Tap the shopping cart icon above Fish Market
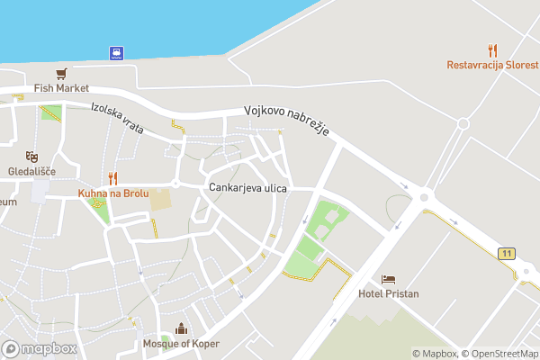point(61,74)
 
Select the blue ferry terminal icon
point(116,51)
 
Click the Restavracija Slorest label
point(493,65)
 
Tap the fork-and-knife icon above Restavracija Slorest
point(492,49)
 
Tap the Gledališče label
point(32,171)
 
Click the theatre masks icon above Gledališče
point(32,157)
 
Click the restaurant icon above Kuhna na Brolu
point(112,178)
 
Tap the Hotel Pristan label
point(389,293)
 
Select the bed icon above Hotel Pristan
point(389,279)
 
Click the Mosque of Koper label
point(181,344)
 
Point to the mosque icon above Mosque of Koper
point(181,328)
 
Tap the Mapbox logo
point(39,348)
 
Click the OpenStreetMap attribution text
point(500,354)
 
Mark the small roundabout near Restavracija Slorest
point(463,124)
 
